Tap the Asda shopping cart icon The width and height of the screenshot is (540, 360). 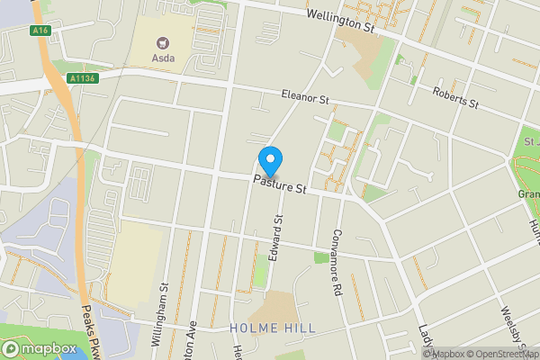(x=164, y=42)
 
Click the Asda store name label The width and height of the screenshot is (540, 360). (x=164, y=58)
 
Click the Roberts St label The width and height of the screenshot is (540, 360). (x=454, y=96)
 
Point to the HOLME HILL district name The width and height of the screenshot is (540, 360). (x=273, y=328)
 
